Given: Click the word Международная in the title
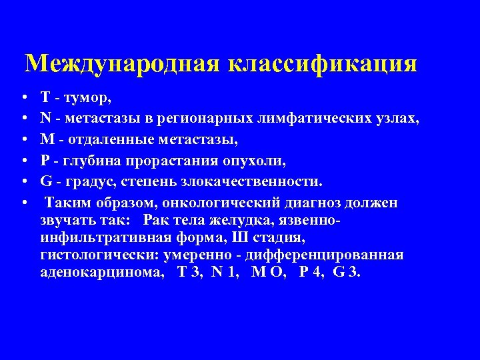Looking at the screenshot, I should (x=123, y=65).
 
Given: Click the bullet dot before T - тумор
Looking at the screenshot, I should (x=23, y=99).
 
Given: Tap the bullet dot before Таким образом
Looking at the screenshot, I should (x=23, y=202).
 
